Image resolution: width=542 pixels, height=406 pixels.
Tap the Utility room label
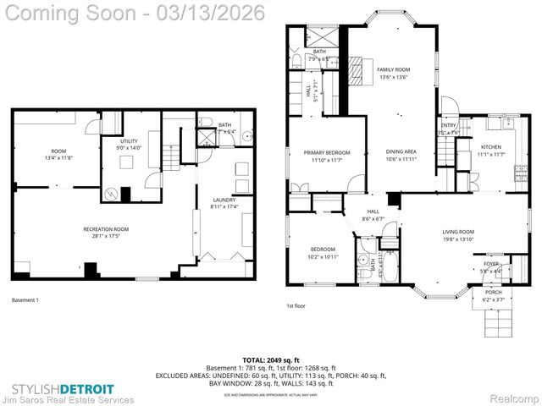coord(129,143)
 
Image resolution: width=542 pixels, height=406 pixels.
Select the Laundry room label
coord(224,200)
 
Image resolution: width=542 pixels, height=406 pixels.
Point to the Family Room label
coord(394,70)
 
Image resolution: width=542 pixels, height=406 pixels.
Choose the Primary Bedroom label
coord(326,152)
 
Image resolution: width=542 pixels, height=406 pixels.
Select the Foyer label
coord(491,264)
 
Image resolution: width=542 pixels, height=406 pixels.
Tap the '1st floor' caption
coord(296,305)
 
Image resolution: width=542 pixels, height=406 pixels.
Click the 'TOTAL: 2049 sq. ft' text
coord(266,360)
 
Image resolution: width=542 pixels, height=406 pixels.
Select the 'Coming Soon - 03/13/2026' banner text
coord(135,13)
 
